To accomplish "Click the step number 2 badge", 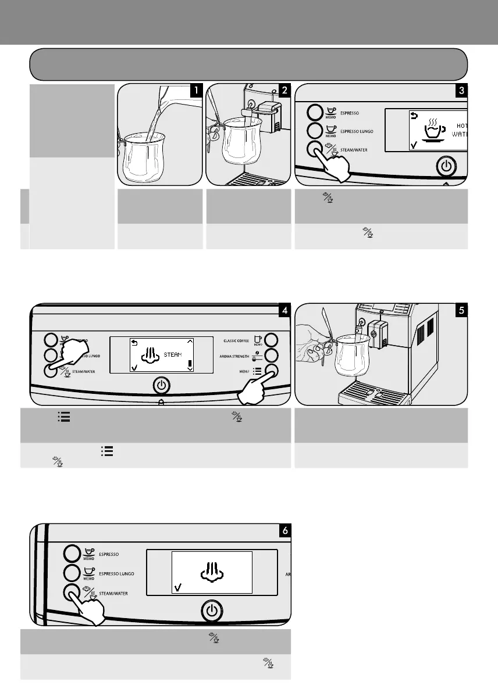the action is pos(285,91).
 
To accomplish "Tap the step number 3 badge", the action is pos(461,91).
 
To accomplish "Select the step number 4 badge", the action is pos(284,310).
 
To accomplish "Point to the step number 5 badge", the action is pos(461,310).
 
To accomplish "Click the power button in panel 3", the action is pos(446,167).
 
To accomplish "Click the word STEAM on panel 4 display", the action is pos(173,354).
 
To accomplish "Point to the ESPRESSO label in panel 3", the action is pos(352,113).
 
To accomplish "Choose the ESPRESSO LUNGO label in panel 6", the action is pos(116,573).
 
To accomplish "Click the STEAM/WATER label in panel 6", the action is pos(113,594).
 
